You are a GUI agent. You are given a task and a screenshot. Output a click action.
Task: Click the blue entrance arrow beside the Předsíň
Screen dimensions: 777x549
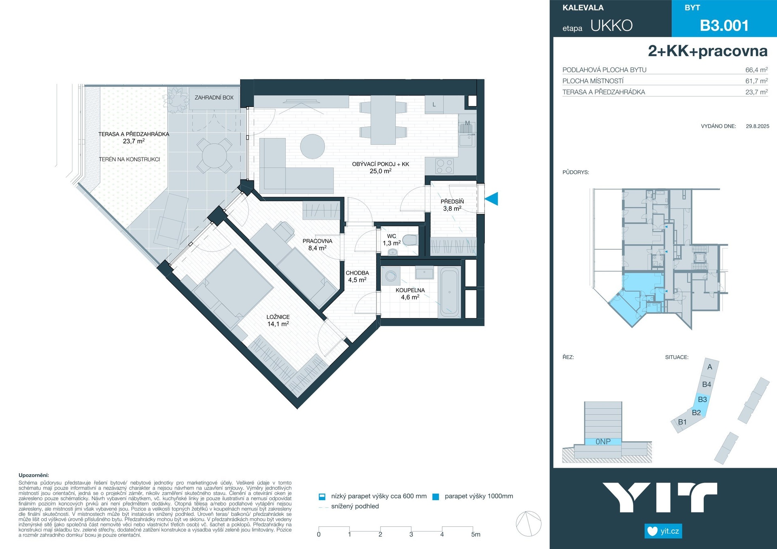pyautogui.click(x=491, y=199)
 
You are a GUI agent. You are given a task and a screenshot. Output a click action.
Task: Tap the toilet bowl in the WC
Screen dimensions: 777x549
pyautogui.click(x=410, y=240)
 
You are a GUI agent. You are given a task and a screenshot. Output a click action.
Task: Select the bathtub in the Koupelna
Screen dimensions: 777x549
pyautogui.click(x=450, y=292)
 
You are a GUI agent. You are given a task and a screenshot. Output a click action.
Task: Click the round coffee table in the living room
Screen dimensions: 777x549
pyautogui.click(x=312, y=146)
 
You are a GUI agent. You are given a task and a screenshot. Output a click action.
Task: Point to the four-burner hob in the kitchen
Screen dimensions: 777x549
pyautogui.click(x=444, y=166)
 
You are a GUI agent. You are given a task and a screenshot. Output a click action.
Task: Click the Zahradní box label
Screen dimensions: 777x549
pyautogui.click(x=214, y=98)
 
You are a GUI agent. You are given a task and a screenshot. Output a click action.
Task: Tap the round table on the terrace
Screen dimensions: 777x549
pyautogui.click(x=214, y=156)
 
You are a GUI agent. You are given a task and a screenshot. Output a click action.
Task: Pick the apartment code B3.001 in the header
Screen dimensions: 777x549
pyautogui.click(x=724, y=25)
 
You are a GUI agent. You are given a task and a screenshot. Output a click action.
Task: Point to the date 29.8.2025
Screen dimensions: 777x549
pyautogui.click(x=758, y=126)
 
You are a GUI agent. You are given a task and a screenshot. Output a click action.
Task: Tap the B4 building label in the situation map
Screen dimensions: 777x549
pyautogui.click(x=707, y=384)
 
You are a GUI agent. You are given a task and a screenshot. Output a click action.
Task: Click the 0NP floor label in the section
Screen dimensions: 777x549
pyautogui.click(x=603, y=442)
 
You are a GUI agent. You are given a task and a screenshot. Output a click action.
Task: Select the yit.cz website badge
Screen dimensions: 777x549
pyautogui.click(x=663, y=531)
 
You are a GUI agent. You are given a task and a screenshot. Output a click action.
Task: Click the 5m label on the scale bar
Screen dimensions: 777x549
pyautogui.click(x=476, y=534)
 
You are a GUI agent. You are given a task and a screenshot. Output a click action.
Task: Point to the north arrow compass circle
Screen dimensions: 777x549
pyautogui.click(x=529, y=524)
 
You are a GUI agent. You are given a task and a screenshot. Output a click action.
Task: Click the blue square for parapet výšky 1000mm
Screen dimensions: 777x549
pyautogui.click(x=436, y=497)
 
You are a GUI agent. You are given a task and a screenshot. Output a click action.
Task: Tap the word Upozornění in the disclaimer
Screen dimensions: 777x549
pyautogui.click(x=34, y=475)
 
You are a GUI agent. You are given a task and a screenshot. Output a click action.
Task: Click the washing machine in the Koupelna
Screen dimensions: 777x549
pyautogui.click(x=391, y=276)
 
